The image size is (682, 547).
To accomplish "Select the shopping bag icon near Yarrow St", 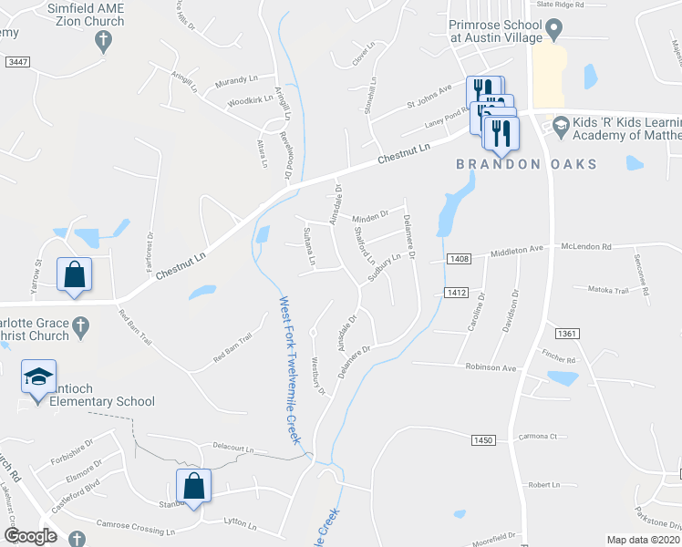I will point(74,274).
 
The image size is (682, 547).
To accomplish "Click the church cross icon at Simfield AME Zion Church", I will point(104,40).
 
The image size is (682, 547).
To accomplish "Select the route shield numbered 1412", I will point(457,292).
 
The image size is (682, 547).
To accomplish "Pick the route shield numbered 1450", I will point(483,440).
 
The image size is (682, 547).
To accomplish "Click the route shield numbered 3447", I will point(16,61).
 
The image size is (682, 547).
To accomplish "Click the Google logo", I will point(30,535).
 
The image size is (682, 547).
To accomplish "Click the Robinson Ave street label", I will point(491,368).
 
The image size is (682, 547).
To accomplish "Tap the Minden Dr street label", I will point(370,216).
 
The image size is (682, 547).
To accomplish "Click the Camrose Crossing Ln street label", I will point(135,528).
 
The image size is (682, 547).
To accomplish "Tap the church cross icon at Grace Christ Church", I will point(80,325).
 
